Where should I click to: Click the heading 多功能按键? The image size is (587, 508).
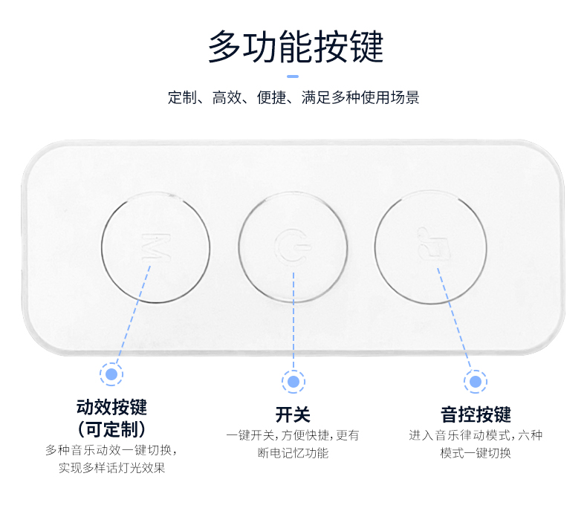295,47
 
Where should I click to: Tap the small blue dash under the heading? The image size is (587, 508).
293,76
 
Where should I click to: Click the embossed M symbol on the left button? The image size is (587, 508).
156,246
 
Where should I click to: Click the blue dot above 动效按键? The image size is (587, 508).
111,373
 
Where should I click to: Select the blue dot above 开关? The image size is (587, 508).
293,382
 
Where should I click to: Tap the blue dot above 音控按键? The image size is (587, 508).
476,382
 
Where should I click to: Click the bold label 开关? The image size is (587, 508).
293,414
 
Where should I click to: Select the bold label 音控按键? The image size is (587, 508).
476,414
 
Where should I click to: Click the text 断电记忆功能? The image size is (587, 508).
293,453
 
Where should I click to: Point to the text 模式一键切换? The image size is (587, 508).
476,453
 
